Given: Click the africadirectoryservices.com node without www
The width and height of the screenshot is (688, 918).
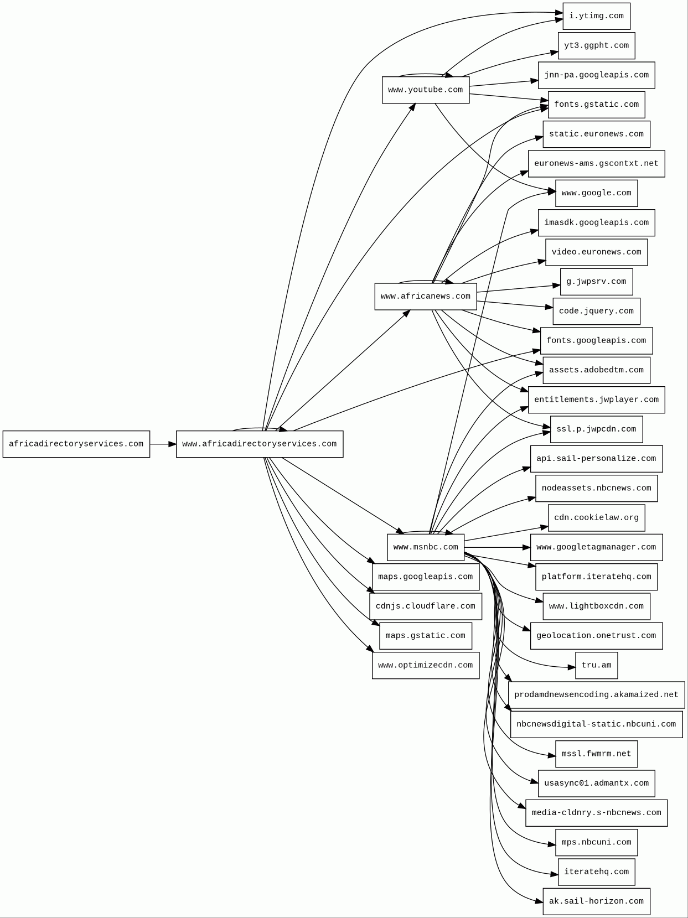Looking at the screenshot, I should (x=76, y=444).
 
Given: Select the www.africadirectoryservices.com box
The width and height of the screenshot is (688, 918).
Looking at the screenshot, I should (x=259, y=444).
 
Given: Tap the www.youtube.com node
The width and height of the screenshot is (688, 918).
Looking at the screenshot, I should (x=425, y=90).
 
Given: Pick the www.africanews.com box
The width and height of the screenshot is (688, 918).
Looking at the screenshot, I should (x=425, y=296).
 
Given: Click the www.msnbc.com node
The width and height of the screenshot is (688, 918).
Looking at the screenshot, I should (x=425, y=547).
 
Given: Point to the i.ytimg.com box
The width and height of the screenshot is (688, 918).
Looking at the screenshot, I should (x=596, y=16).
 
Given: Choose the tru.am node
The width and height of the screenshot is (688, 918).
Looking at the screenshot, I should (x=596, y=665).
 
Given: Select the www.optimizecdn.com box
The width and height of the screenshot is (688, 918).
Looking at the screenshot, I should (x=425, y=665).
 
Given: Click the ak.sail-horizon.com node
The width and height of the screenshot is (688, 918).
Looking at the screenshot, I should (x=596, y=901).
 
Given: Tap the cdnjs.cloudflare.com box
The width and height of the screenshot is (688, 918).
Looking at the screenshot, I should (x=425, y=606).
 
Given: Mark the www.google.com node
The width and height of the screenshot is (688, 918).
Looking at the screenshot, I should (x=596, y=193).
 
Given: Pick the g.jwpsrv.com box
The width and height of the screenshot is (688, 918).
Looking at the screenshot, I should (x=596, y=282).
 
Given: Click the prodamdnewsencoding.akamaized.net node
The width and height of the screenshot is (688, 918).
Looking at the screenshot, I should (x=596, y=694).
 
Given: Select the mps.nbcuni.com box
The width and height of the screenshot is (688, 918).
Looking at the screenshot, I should (x=596, y=842).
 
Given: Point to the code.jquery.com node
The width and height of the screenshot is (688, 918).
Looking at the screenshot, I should (x=596, y=311).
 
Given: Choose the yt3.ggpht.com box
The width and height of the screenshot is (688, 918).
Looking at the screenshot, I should (x=596, y=45).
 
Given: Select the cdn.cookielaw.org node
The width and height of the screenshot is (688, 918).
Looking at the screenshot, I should (x=596, y=517).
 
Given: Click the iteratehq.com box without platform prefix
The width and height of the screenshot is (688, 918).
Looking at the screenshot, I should (x=596, y=872).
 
